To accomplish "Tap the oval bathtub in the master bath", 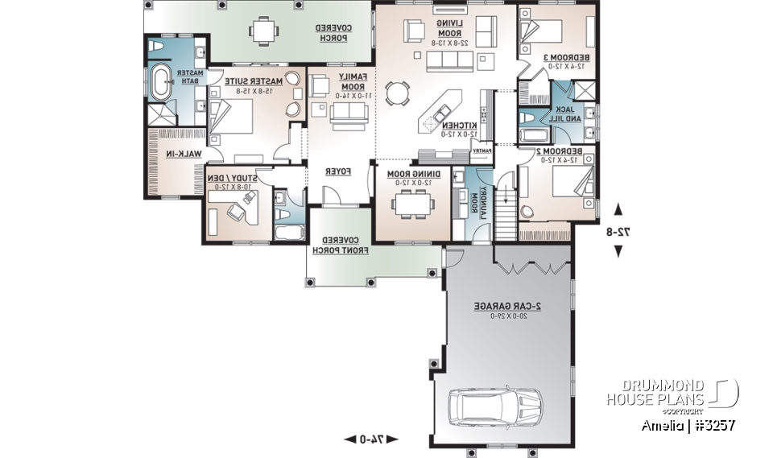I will [160, 83].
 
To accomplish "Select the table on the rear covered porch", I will [263, 31].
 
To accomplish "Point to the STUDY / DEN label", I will [234, 182].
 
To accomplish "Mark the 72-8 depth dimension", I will [618, 231].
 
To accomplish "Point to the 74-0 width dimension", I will [371, 439].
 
